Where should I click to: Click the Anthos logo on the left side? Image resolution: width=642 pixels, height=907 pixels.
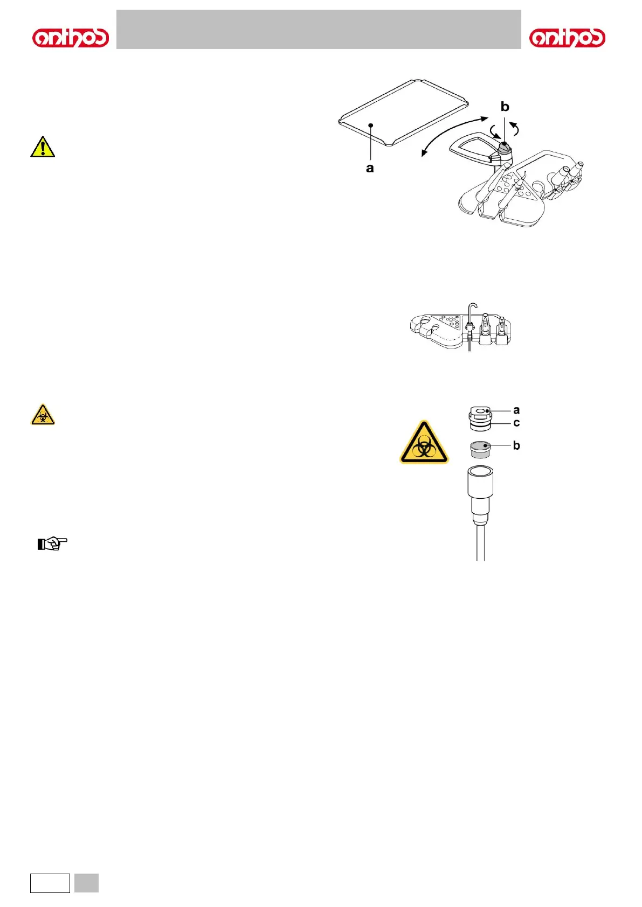[x=71, y=38]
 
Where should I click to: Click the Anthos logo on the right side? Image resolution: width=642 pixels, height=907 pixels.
[x=567, y=38]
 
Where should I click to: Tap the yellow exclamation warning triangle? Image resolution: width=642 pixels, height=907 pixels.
[x=43, y=147]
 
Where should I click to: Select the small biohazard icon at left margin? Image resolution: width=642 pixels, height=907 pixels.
[x=43, y=415]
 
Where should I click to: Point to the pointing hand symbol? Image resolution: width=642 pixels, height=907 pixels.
[x=52, y=543]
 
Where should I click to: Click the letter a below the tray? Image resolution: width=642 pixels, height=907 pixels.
[x=370, y=168]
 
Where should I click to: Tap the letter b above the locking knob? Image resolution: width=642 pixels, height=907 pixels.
[x=505, y=107]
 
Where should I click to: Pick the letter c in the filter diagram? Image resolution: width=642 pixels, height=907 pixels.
[x=516, y=423]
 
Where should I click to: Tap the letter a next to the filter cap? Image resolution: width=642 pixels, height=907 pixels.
[x=516, y=410]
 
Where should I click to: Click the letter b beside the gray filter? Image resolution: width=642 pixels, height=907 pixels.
[x=516, y=445]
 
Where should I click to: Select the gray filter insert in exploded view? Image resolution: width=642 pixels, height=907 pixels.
[x=480, y=449]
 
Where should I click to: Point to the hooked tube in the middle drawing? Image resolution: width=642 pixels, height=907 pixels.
[x=472, y=318]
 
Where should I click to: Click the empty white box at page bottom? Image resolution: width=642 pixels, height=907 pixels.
[x=50, y=883]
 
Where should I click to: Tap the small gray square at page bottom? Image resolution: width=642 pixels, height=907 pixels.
[x=86, y=883]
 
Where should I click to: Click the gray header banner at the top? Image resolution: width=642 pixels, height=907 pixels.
[x=319, y=30]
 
